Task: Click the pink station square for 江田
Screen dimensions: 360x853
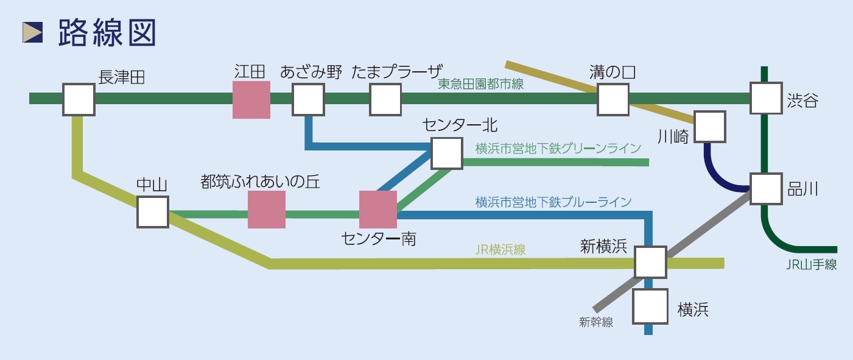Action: [x=251, y=100]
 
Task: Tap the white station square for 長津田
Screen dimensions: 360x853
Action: [x=79, y=99]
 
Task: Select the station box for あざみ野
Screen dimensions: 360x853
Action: [x=308, y=99]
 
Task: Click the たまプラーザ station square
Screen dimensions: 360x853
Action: [x=385, y=99]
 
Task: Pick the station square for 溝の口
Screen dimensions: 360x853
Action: [x=613, y=99]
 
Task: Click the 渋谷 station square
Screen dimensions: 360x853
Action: [x=765, y=98]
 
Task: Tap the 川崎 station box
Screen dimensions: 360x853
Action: [x=710, y=127]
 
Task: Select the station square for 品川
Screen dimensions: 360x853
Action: [x=765, y=188]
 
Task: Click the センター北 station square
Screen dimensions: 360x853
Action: [x=446, y=153]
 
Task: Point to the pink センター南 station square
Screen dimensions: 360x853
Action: [x=378, y=210]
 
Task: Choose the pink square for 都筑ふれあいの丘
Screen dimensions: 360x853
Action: [x=267, y=210]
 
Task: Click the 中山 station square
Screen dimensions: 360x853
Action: [x=153, y=211]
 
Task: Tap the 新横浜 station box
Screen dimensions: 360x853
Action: [x=650, y=262]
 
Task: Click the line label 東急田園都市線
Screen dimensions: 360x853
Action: [x=481, y=85]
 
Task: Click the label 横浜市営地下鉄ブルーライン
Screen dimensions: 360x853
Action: [x=553, y=202]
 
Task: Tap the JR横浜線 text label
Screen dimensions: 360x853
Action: [x=500, y=249]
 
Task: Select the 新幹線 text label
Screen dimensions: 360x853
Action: [x=596, y=323]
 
